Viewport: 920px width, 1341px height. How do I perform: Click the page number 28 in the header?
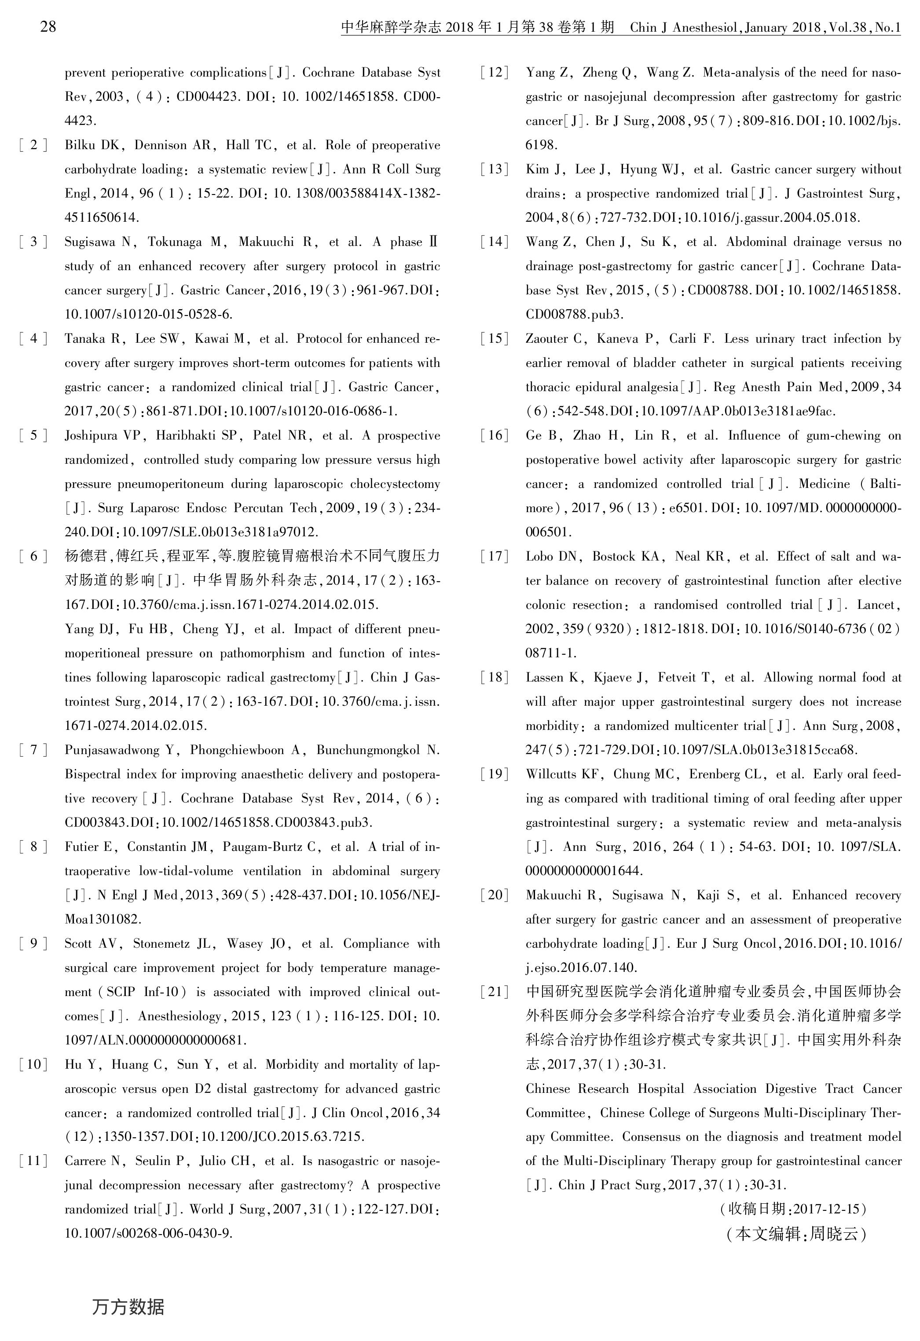click(48, 27)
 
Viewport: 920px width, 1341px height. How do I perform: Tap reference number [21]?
click(495, 992)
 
